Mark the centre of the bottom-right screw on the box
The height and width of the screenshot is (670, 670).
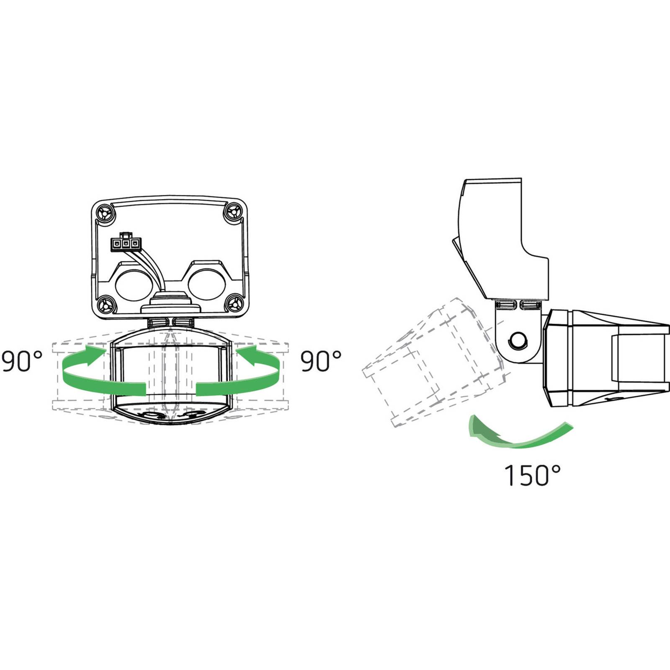(x=235, y=304)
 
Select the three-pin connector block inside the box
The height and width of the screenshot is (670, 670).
(x=125, y=243)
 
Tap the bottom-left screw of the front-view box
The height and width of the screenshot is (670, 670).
(x=106, y=305)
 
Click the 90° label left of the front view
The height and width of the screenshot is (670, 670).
(x=22, y=362)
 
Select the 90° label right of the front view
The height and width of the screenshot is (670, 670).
(x=321, y=362)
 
